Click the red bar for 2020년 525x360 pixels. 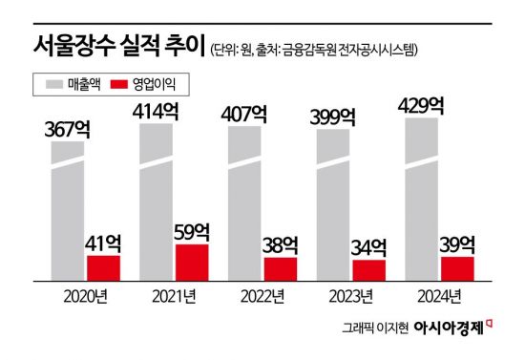[x=103, y=267]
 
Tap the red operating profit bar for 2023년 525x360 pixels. [x=369, y=270]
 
